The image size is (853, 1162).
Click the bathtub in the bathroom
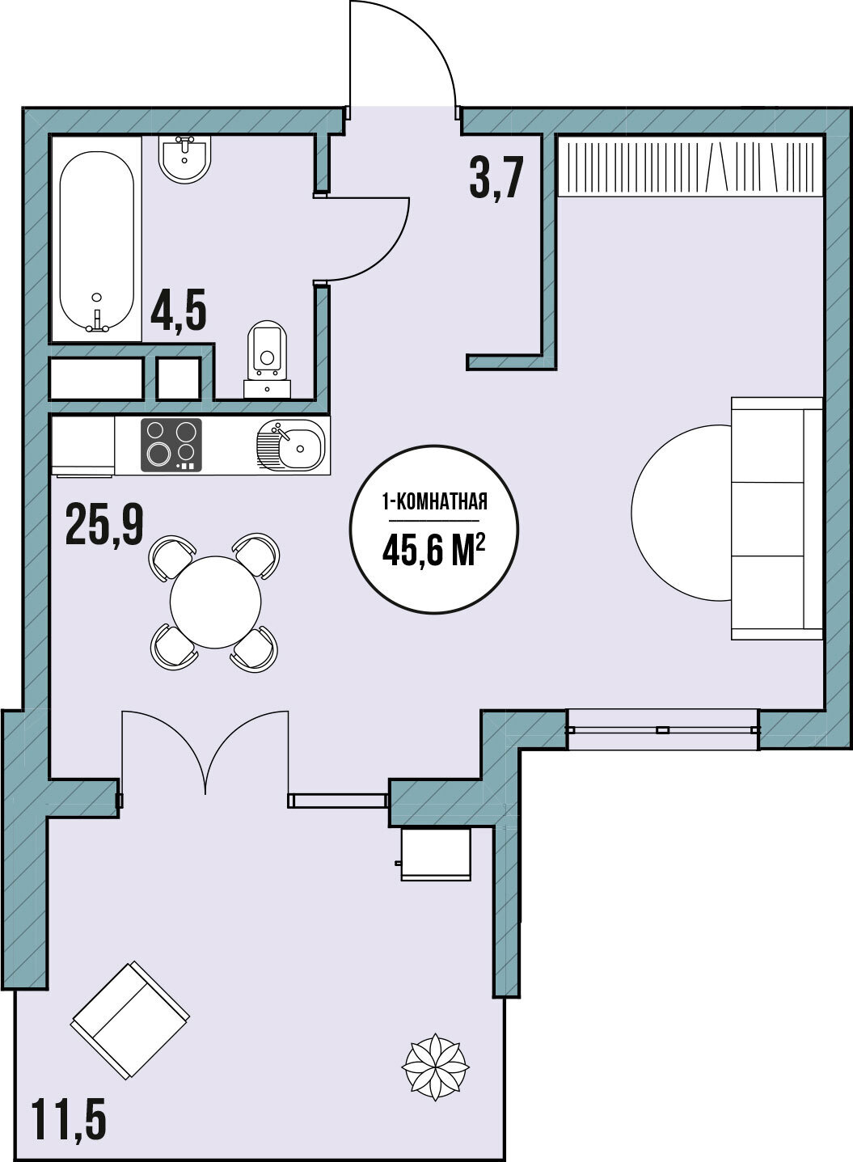(96, 239)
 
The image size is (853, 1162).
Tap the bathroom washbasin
(185, 159)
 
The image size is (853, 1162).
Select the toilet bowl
(267, 358)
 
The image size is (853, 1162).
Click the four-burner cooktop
(171, 445)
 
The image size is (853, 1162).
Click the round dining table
(215, 602)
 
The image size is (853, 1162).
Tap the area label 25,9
(104, 526)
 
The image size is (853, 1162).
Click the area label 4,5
(179, 311)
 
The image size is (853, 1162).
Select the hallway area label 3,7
(494, 179)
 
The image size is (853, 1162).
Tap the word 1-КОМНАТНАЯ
(434, 502)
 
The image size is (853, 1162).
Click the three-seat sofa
(777, 519)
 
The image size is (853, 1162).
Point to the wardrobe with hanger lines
(691, 166)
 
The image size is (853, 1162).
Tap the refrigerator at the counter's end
(83, 446)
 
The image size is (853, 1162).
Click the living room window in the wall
(663, 730)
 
